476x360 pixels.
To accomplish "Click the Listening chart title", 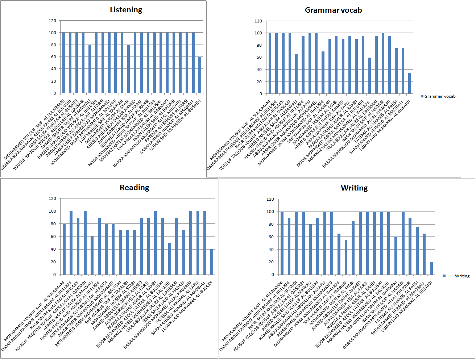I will coord(126,10).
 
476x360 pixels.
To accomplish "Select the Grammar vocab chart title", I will coord(333,10).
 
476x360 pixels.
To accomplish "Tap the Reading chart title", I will coord(134,188).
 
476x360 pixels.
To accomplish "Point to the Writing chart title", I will coord(354,188).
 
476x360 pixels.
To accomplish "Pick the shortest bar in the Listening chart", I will coord(200,75).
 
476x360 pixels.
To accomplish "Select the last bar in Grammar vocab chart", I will coord(409,83).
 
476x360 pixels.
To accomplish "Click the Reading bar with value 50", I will coord(170,259).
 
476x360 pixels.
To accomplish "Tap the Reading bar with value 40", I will coord(212,262).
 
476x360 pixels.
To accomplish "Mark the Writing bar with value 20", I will coord(431,268).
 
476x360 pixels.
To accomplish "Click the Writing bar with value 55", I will coord(346,257).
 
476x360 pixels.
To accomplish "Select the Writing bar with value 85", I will coord(353,248).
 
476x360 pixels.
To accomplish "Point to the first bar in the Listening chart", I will coord(64,63).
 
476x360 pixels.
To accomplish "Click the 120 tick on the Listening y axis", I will coord(53,21).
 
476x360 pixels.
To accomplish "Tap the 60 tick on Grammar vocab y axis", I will coord(258,57).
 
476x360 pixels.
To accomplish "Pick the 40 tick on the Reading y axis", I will coord(53,249).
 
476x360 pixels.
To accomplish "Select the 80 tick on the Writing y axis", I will coord(270,224).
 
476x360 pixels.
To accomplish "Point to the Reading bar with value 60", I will coord(92,255).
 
